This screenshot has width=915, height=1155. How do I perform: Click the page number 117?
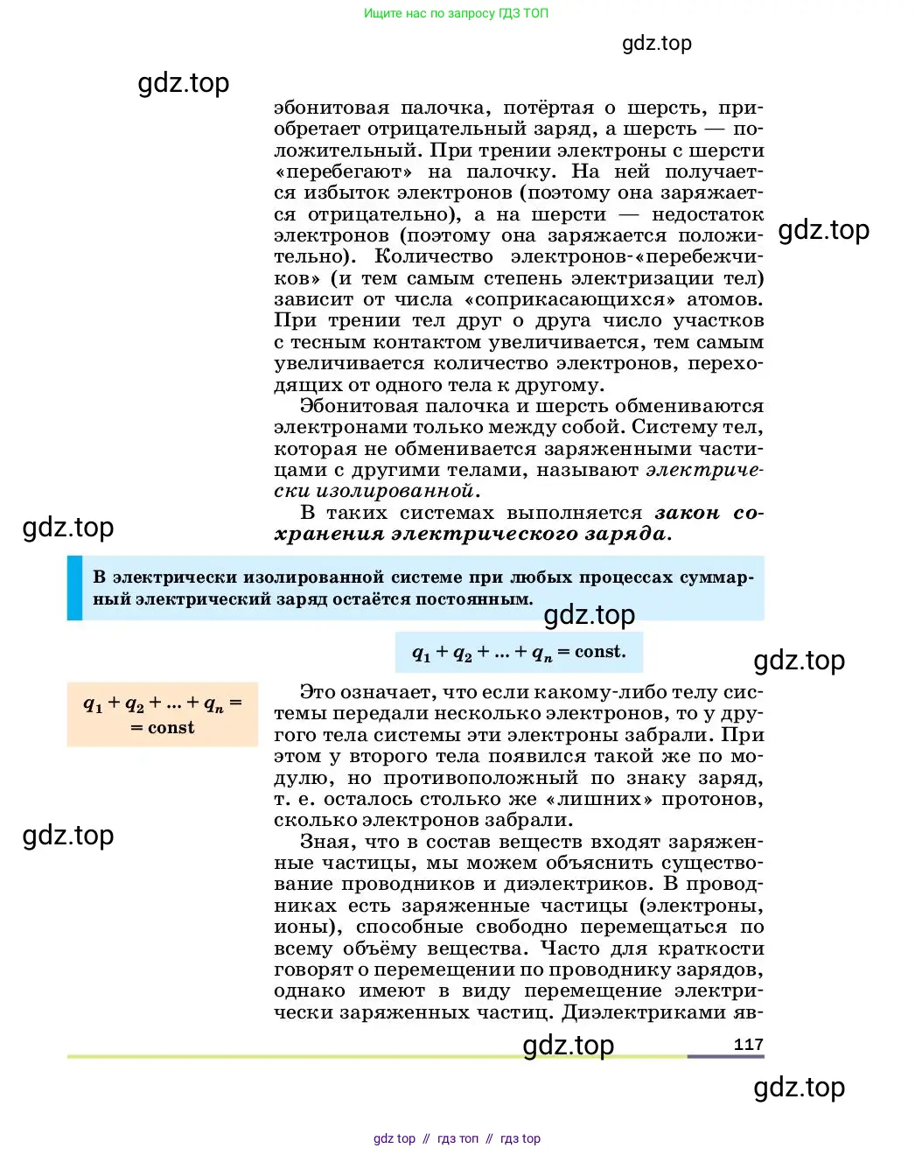(748, 1044)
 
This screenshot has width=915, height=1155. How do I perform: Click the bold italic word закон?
(687, 513)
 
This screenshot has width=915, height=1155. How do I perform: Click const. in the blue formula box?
(600, 652)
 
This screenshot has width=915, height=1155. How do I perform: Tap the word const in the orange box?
(171, 728)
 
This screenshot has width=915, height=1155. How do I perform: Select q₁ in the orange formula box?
(93, 703)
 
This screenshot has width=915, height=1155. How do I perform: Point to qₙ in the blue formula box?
(542, 653)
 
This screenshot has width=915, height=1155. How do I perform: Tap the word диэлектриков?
(577, 884)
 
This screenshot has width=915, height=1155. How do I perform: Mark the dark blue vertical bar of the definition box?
(74, 588)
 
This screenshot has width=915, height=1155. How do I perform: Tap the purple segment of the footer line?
(725, 1056)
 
